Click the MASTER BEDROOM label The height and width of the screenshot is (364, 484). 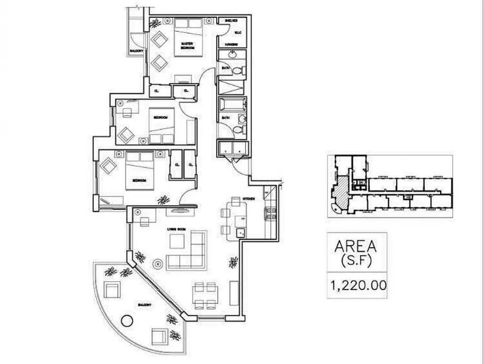coord(187,45)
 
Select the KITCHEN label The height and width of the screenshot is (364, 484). coord(248,199)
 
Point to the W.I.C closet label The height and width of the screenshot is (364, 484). coord(237,32)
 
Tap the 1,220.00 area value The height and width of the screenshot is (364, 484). coord(358,286)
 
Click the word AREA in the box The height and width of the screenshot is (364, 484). coord(356,247)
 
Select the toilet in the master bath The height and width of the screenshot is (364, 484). coord(237,71)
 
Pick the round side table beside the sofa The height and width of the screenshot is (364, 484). coord(157,263)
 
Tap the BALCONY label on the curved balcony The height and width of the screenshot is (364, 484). coord(145,304)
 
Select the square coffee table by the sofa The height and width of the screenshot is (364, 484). coord(176,241)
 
